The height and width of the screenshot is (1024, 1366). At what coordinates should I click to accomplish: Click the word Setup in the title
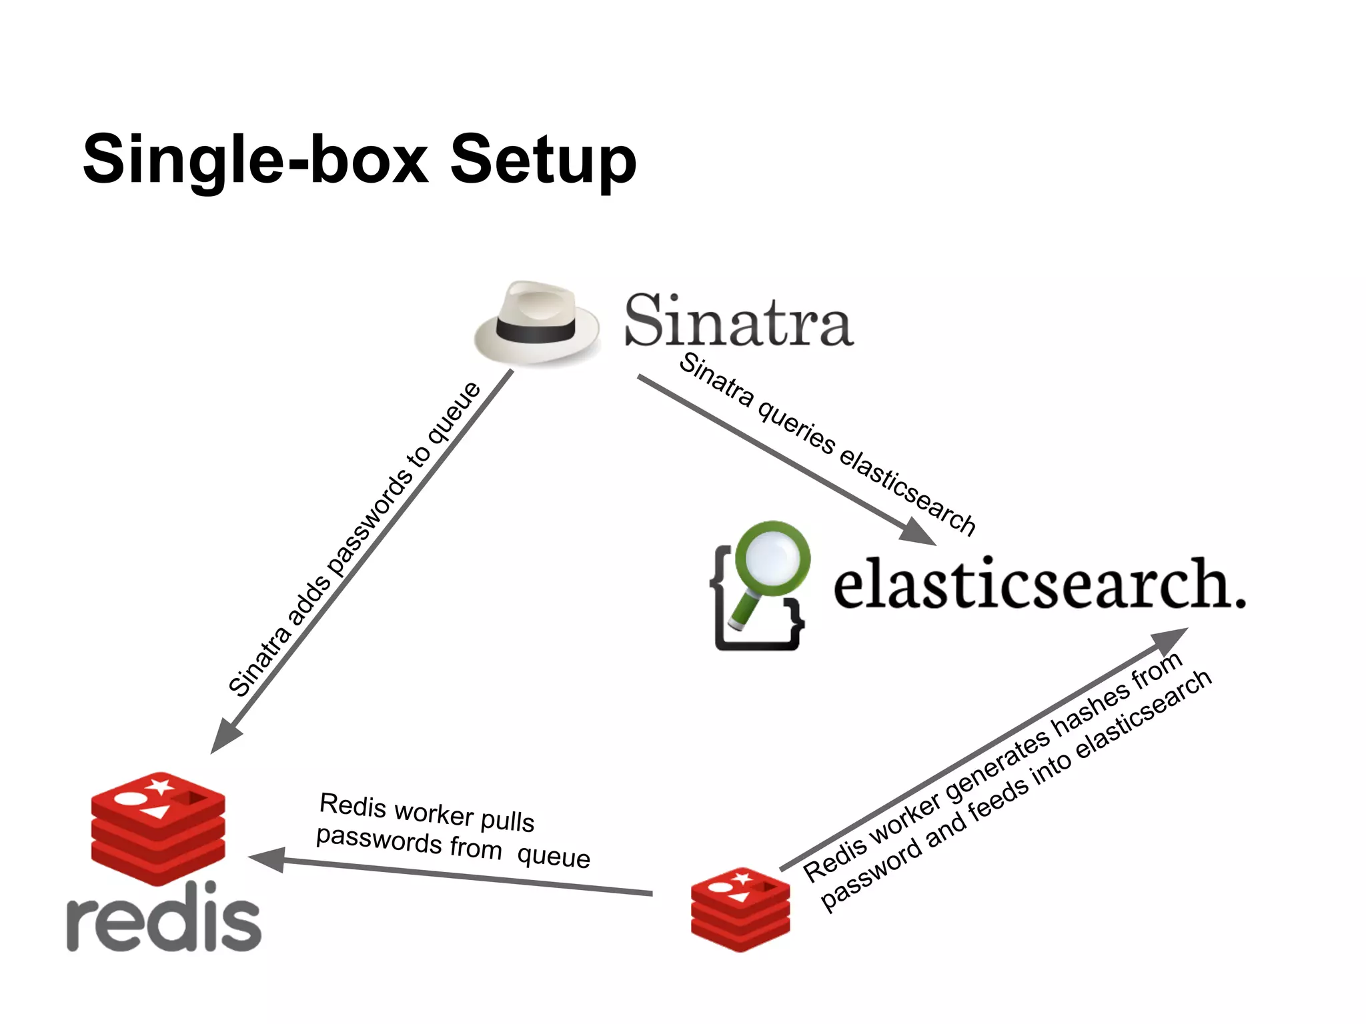(544, 160)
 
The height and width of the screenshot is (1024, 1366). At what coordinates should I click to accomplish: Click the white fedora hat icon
(536, 323)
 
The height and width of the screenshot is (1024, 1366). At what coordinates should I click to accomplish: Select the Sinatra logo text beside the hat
(738, 322)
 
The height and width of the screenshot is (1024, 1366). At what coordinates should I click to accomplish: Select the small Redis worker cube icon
(740, 909)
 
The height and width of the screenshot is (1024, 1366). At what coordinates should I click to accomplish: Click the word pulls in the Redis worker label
(508, 820)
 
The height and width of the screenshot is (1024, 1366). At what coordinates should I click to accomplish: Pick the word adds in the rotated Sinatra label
(309, 603)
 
